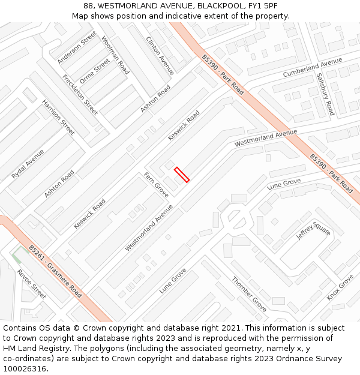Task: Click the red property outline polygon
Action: pos(182,175)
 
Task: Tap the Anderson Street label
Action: pos(77,47)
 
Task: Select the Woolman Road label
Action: pos(115,55)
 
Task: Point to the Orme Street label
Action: pos(95,71)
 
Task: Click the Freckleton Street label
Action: pos(80,95)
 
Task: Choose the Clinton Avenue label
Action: pos(160,56)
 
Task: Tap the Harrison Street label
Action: pos(58,117)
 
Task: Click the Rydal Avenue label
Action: pos(28,164)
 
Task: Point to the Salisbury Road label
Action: pos(325,94)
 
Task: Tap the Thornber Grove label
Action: pos(249,294)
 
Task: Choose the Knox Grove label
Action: pos(340,287)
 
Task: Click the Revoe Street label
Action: pos(31,283)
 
